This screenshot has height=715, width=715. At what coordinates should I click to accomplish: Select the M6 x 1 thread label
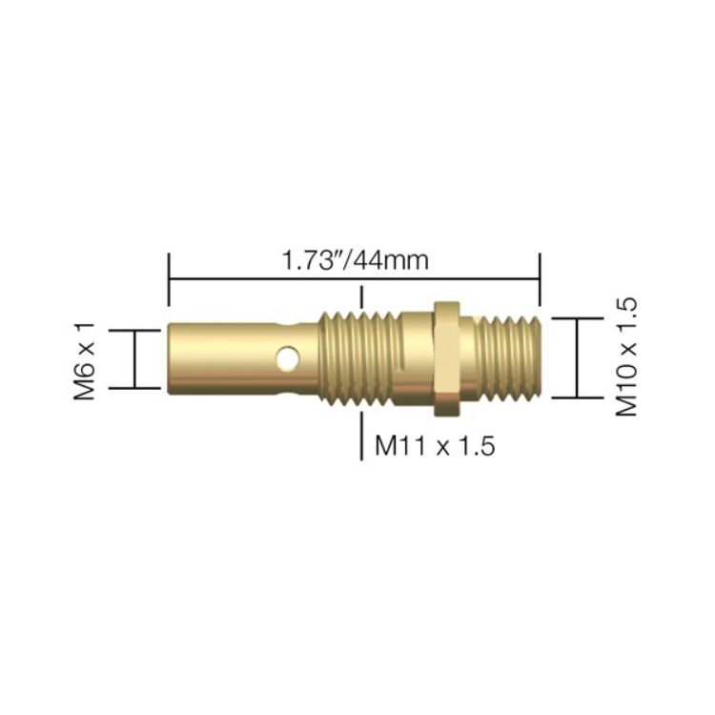(x=87, y=359)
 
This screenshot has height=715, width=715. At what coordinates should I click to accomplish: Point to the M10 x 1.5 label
(x=624, y=356)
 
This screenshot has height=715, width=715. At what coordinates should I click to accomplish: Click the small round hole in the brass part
(x=283, y=359)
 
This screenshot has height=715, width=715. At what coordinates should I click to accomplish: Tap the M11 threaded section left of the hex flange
(x=358, y=358)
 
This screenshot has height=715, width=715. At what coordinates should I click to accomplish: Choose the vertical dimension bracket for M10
(x=577, y=357)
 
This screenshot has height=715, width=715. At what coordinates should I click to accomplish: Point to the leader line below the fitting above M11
(x=360, y=435)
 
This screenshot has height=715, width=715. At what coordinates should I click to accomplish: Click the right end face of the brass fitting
(x=541, y=358)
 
